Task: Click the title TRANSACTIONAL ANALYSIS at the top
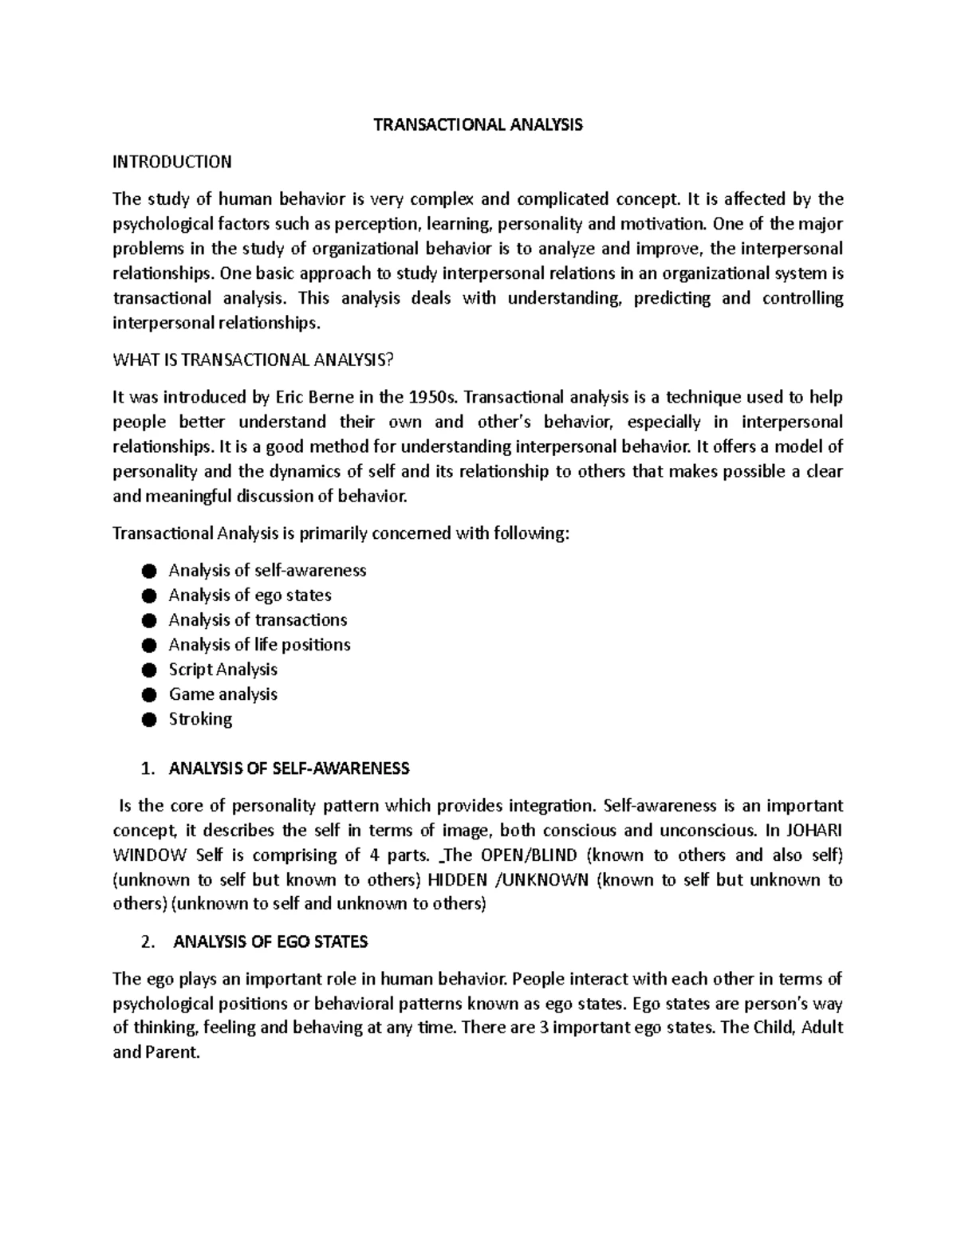[478, 124]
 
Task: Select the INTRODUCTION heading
[171, 162]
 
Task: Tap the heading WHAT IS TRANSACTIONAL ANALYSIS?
[253, 360]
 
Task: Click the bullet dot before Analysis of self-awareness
[148, 571]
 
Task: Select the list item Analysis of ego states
[250, 595]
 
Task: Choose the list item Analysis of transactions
[258, 619]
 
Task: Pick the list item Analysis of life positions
[259, 644]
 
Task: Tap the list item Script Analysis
[223, 669]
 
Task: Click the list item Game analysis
[223, 694]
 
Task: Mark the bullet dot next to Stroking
[148, 719]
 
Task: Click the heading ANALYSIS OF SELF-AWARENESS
[289, 768]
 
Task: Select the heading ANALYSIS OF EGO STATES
[270, 941]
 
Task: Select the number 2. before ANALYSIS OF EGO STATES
[146, 941]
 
